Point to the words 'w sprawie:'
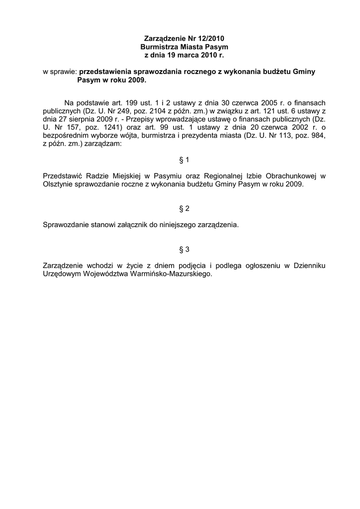click(x=60, y=72)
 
